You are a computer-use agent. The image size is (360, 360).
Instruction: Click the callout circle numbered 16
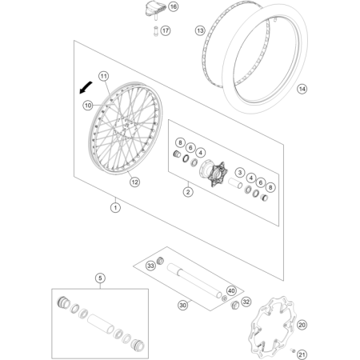[174, 6]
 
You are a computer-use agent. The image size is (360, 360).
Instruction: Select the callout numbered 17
[166, 30]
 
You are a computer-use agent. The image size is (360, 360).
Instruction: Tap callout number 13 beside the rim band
[200, 30]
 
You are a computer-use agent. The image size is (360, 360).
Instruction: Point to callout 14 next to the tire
[302, 89]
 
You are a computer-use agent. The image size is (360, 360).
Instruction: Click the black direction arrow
[86, 88]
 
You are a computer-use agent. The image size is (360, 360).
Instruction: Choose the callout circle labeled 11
[103, 76]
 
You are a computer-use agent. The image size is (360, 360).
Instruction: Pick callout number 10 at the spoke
[88, 106]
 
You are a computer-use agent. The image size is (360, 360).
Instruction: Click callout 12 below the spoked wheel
[134, 182]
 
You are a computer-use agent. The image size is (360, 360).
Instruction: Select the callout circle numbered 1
[115, 207]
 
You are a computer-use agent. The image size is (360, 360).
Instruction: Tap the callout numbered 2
[188, 192]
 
